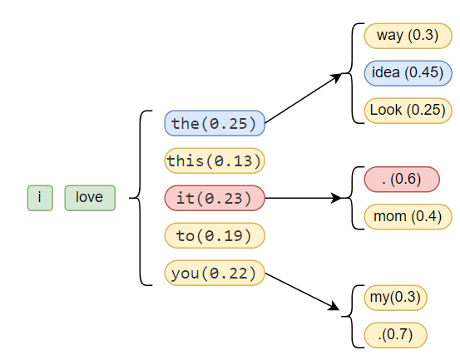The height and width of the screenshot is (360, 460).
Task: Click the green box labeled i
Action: click(40, 198)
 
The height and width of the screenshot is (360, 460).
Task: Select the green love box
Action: click(90, 198)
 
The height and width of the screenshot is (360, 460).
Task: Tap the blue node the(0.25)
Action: click(215, 123)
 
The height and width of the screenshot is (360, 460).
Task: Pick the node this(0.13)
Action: click(215, 160)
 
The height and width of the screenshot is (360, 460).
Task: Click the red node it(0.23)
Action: click(215, 198)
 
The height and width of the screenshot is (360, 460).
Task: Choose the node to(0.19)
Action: click(215, 235)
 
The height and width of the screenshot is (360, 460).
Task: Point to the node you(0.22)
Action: click(215, 273)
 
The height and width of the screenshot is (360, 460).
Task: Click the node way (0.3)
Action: click(408, 36)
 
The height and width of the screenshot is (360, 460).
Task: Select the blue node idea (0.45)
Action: click(408, 73)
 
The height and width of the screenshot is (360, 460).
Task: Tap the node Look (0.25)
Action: click(408, 111)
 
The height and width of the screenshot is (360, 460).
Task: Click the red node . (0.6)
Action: click(402, 180)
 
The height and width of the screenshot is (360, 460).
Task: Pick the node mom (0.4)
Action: click(408, 217)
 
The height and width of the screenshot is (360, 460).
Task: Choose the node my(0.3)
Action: click(395, 298)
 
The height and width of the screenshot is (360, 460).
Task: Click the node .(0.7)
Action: click(395, 335)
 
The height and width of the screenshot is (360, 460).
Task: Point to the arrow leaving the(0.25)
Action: click(304, 98)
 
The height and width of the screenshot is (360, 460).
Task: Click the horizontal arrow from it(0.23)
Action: click(304, 198)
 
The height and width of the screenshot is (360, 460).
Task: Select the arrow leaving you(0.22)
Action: click(302, 291)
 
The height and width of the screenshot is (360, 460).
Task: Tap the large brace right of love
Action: click(140, 198)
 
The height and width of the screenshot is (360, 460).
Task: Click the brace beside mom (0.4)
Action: click(352, 198)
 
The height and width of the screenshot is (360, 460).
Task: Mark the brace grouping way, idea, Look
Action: click(352, 73)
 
